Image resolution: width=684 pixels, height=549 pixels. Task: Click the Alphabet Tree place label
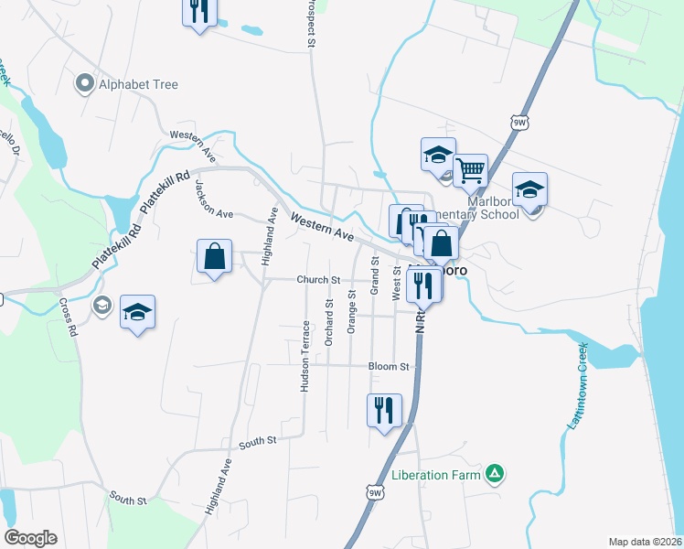pyautogui.click(x=139, y=84)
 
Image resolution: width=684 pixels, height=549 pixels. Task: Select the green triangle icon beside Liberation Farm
pyautogui.click(x=494, y=473)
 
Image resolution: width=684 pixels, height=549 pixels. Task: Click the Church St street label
pyautogui.click(x=317, y=280)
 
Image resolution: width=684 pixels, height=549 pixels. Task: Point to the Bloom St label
pyautogui.click(x=389, y=366)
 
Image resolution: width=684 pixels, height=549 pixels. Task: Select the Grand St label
pyautogui.click(x=374, y=274)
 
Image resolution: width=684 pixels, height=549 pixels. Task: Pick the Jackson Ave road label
pyautogui.click(x=214, y=198)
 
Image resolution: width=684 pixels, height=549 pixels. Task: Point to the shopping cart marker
pyautogui.click(x=470, y=169)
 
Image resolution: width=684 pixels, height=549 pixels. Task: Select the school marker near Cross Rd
pyautogui.click(x=137, y=312)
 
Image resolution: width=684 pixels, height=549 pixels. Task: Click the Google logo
pyautogui.click(x=30, y=538)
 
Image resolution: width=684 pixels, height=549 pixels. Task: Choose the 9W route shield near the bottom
pyautogui.click(x=373, y=493)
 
